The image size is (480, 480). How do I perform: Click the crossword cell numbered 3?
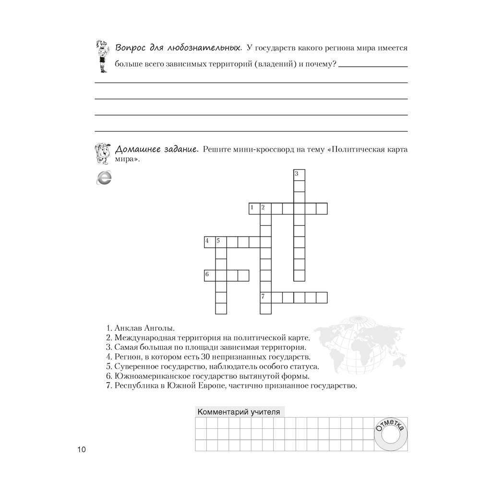299,175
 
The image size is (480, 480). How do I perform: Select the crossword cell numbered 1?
254,208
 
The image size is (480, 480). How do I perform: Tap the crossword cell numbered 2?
265,208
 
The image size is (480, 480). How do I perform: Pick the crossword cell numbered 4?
210,241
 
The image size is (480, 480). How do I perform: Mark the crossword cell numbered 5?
221,241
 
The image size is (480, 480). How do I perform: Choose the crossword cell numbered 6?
210,275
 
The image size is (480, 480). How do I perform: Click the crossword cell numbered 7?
265,297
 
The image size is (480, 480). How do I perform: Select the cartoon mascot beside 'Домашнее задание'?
103,153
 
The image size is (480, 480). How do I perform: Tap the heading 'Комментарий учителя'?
239,411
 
